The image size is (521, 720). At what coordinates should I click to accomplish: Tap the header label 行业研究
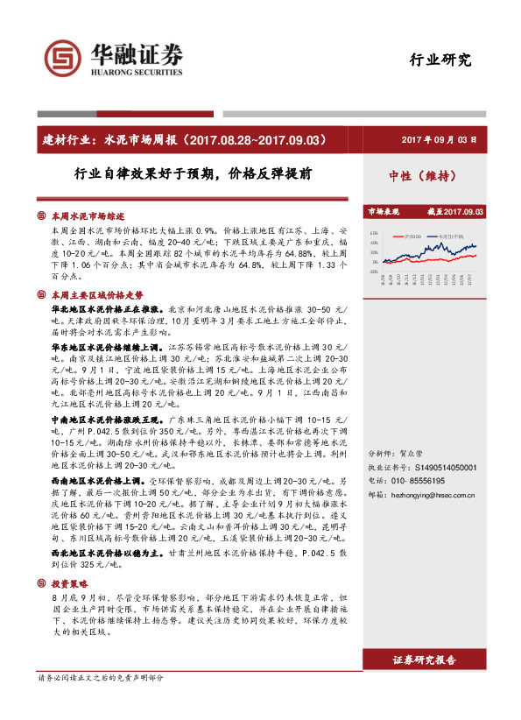coord(440,60)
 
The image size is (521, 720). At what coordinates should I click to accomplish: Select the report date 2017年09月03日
coord(439,139)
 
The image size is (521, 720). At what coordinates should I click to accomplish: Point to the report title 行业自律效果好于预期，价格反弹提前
coord(193,174)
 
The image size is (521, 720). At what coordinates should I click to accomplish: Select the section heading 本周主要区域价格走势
coord(96,295)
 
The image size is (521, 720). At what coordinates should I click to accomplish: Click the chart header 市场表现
coord(383,211)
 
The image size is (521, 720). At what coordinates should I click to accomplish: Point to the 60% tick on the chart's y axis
coord(373,234)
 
